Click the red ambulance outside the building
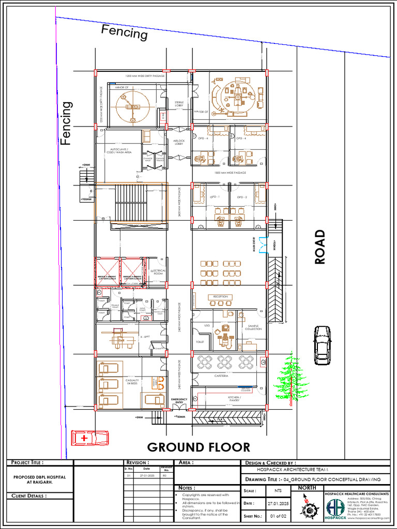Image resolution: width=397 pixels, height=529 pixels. [x=90, y=438]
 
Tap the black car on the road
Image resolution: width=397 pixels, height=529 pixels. [x=323, y=345]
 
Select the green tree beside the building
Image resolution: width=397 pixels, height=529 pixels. [x=292, y=380]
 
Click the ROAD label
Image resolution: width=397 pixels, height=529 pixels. [x=320, y=247]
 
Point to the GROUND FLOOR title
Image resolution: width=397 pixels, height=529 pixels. [x=198, y=447]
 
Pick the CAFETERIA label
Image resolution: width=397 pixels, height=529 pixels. [x=222, y=376]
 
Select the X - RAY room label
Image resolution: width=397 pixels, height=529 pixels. [x=144, y=337]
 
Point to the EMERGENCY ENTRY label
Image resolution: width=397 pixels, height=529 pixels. [x=179, y=401]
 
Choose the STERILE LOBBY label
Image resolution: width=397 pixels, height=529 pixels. [x=179, y=104]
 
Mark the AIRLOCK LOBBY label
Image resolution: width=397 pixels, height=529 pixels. [x=179, y=142]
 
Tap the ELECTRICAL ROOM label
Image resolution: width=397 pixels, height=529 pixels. [x=159, y=272]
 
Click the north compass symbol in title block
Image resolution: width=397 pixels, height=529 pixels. [x=309, y=506]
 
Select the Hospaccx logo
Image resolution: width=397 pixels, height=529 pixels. [x=335, y=508]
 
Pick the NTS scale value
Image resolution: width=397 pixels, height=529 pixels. [x=278, y=491]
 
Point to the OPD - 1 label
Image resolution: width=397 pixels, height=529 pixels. [x=215, y=197]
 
